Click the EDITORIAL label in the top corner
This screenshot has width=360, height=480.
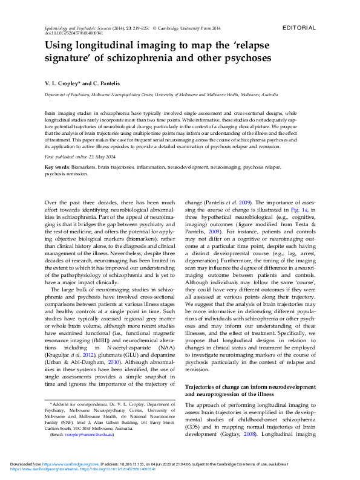[x=299, y=28]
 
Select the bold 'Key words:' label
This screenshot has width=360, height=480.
[x=57, y=166]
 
